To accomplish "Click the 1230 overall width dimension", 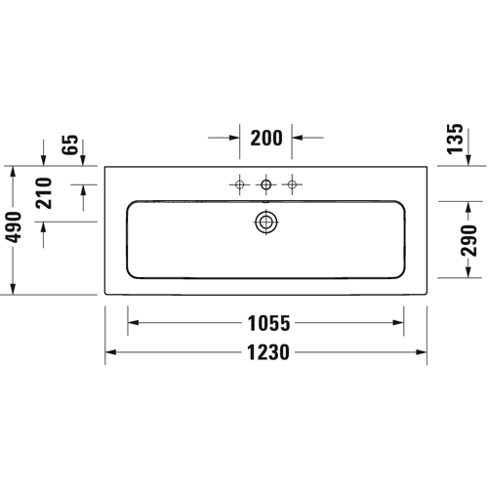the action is pos(268,352).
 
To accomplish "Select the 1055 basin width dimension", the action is pos(268,323).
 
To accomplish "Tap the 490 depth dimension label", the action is pos(15,227).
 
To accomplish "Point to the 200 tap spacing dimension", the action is pos(266,138).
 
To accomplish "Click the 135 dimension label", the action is pos(455,139).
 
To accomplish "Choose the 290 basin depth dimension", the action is pos(468,240).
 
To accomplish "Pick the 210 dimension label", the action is pos(44,193).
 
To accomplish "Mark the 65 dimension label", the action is pos(70,144).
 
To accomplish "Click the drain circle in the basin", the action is pos(266,223).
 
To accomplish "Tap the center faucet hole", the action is pos(266,184).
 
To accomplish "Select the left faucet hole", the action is pos(240,184).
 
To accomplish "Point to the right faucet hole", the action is pos(292,184).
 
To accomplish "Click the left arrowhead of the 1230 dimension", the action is pos(111,352).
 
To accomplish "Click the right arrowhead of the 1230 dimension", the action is pos(421,352).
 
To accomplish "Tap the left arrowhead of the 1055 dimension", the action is pos(134,323).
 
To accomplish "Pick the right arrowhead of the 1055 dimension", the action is pos(398,323).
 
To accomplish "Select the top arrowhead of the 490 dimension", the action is pos(13,172).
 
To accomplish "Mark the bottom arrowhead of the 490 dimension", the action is pos(13,289).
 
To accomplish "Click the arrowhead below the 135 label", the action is pos(468,160).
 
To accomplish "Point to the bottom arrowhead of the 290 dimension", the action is pos(468,272).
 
